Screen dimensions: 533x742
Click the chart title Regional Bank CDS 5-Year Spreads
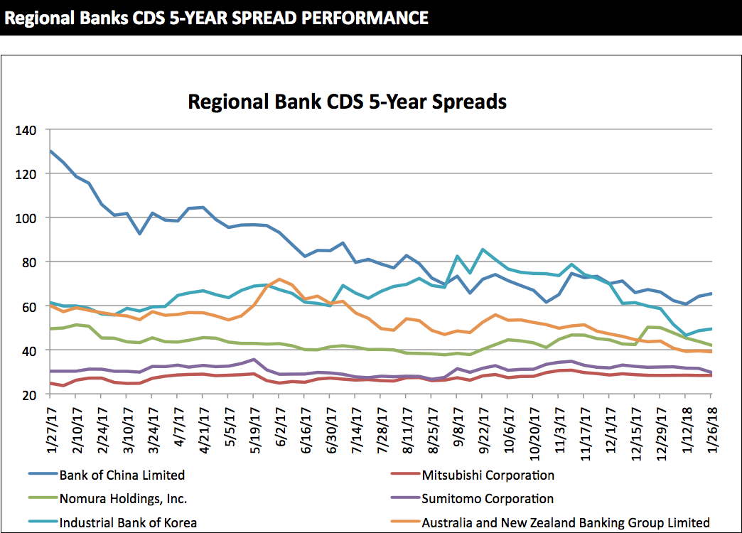pyautogui.click(x=347, y=102)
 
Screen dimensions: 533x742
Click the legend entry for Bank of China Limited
pyautogui.click(x=122, y=475)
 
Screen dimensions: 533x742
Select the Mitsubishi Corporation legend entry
pyautogui.click(x=488, y=475)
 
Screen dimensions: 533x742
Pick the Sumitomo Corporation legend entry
pyautogui.click(x=488, y=499)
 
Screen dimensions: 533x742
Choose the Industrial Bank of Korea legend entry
pyautogui.click(x=128, y=522)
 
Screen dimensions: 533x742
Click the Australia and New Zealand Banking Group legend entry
pyautogui.click(x=566, y=522)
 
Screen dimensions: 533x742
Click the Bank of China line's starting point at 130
pyautogui.click(x=51, y=151)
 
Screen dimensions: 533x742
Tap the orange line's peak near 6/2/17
pyautogui.click(x=280, y=279)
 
